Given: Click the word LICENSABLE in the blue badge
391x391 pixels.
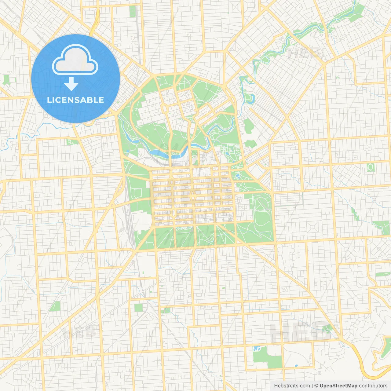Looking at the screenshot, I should tap(75, 100).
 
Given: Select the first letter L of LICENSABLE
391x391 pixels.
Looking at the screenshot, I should tap(49, 100).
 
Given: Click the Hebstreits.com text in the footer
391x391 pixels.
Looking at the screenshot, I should tap(292, 386).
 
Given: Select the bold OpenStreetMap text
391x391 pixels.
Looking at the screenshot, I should tap(338, 386).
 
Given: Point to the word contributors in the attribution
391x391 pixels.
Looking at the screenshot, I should tap(373, 386).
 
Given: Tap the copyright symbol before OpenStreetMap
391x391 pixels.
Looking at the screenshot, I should tap(316, 386).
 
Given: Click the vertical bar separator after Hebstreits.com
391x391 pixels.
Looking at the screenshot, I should tap(312, 386).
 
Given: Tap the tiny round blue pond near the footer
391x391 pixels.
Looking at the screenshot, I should tap(296, 366).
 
